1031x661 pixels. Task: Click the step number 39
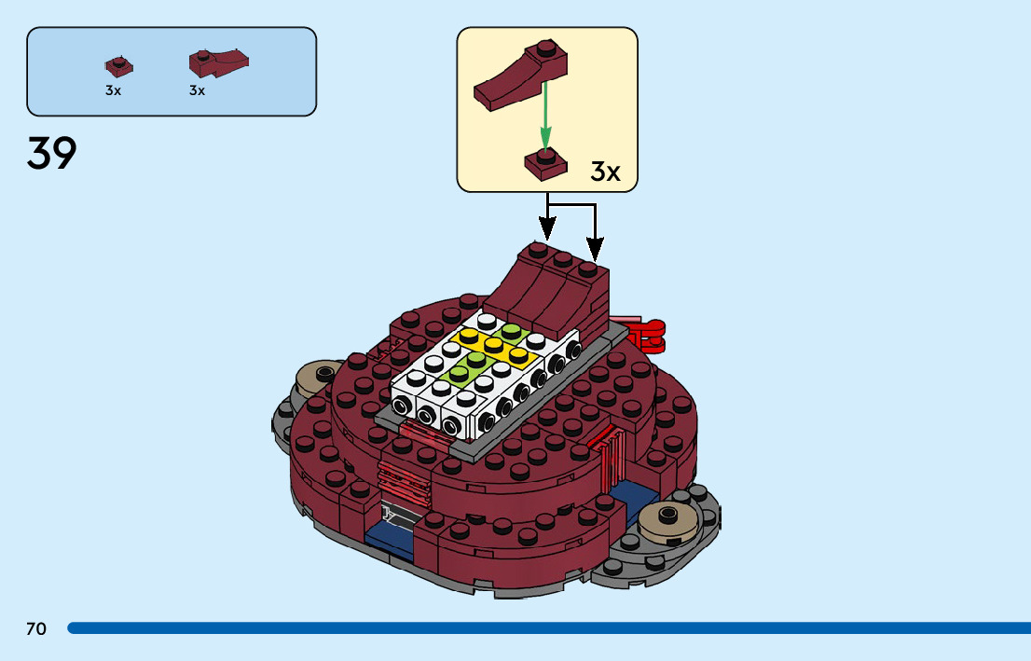coord(51,154)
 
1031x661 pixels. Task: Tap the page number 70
coord(36,629)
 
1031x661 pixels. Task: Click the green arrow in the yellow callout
coord(546,117)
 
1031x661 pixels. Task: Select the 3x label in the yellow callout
coord(605,172)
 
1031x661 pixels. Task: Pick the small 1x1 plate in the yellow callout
coord(546,164)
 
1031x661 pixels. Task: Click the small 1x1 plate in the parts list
coord(117,67)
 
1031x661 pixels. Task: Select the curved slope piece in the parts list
coord(218,62)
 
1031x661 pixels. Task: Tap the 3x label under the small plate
coord(113,91)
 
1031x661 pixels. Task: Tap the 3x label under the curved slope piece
coord(197,91)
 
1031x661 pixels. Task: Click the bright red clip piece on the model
coord(649,334)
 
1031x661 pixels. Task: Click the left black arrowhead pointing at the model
coord(547,227)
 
